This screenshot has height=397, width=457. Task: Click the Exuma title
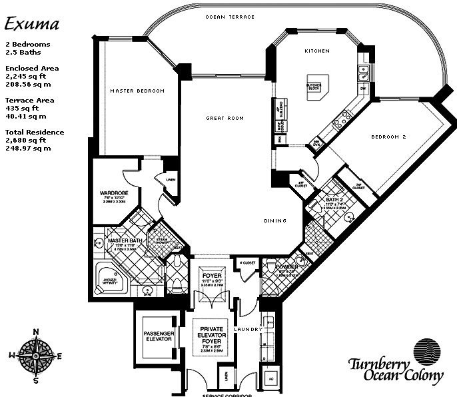click(32, 24)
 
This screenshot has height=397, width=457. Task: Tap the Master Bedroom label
click(138, 91)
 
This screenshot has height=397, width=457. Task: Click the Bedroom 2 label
click(388, 137)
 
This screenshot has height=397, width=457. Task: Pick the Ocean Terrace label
click(230, 17)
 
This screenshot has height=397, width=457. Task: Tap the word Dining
click(274, 221)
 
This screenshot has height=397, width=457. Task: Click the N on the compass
click(36, 332)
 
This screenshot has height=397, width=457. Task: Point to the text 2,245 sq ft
click(24, 77)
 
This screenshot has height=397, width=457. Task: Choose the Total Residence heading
click(35, 132)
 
